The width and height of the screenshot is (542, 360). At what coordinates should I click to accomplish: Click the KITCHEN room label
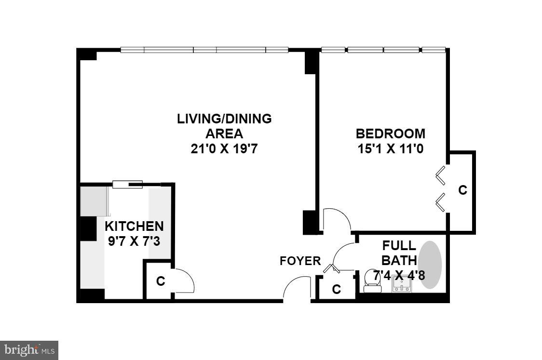point(134,226)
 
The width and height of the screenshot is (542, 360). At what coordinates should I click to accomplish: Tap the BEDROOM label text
point(391,133)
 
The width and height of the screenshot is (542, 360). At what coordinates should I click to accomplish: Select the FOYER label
point(300,261)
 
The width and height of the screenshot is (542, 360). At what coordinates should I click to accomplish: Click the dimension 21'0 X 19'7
point(224,149)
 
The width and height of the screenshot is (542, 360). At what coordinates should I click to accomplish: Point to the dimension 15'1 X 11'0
point(391,149)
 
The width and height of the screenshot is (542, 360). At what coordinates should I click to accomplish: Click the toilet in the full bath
point(372,281)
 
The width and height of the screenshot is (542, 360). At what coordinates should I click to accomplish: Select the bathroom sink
point(401,287)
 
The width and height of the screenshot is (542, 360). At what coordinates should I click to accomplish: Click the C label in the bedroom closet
point(462,190)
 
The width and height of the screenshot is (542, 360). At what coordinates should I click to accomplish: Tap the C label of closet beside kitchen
point(161,281)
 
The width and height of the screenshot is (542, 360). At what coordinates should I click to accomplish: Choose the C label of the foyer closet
point(337,290)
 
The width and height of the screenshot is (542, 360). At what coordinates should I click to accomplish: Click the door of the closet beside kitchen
point(184,280)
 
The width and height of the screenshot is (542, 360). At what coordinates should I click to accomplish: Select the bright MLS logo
point(29,349)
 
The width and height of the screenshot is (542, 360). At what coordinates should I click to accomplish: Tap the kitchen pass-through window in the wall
point(127,184)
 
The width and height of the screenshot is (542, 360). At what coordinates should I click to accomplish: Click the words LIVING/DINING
point(224,119)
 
